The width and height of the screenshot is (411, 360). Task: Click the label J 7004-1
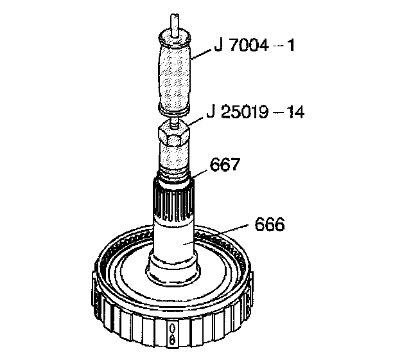click(254, 46)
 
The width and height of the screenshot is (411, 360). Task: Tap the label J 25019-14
click(256, 113)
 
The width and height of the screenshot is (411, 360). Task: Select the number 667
click(225, 165)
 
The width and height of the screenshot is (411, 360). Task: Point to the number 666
click(270, 224)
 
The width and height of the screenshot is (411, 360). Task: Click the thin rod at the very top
click(174, 25)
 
